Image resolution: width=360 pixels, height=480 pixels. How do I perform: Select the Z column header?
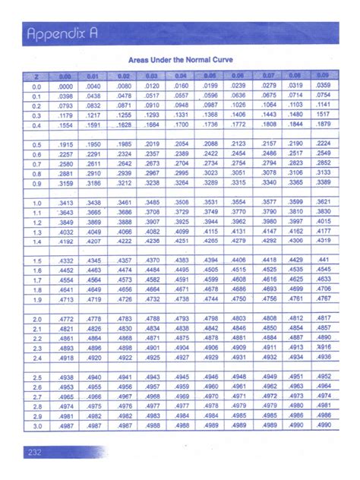(36, 76)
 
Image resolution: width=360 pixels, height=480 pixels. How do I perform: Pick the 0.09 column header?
(323, 76)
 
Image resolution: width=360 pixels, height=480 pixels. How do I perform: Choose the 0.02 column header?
(125, 76)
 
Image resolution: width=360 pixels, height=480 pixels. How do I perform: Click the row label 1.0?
(36, 203)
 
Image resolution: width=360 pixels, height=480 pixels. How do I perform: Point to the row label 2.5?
(36, 377)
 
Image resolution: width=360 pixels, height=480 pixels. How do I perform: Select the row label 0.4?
(36, 125)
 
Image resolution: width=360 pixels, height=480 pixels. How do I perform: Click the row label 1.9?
(36, 299)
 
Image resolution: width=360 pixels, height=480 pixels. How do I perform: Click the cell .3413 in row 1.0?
(67, 203)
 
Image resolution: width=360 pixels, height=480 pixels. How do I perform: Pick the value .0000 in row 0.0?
(67, 87)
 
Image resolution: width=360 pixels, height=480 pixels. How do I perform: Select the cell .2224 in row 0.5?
(323, 144)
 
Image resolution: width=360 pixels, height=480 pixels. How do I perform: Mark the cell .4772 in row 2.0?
(67, 318)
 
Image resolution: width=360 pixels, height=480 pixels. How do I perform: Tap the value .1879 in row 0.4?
(323, 124)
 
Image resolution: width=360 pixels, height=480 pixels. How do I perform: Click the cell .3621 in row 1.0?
(323, 202)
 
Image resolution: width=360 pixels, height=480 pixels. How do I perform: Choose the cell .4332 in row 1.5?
(67, 261)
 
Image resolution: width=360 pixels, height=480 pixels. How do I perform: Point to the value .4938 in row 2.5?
(67, 377)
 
